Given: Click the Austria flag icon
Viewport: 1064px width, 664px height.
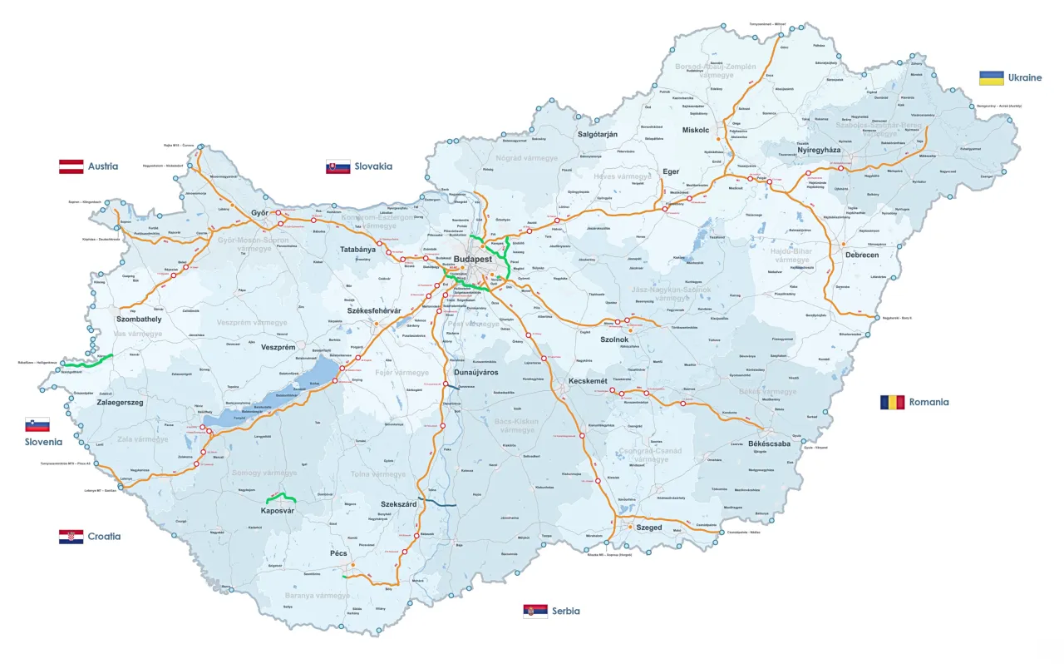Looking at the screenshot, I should click(x=71, y=166).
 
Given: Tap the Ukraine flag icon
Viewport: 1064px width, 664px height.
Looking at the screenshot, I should click(x=991, y=77).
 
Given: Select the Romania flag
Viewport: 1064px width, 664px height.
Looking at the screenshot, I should click(x=892, y=402).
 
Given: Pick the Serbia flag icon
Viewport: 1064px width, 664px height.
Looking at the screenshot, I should click(x=534, y=611).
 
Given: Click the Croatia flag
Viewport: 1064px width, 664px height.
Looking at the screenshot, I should click(x=71, y=537).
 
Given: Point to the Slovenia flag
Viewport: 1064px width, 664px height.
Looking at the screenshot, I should click(x=37, y=424).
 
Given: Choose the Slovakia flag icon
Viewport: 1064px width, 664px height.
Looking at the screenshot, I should click(x=337, y=166).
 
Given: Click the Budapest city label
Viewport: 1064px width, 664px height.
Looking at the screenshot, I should click(x=474, y=259).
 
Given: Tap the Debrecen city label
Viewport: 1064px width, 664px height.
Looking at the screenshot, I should click(x=861, y=255).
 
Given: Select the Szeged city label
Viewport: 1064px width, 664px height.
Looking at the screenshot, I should click(x=649, y=528).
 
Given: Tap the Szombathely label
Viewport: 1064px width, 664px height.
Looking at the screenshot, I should click(x=139, y=320).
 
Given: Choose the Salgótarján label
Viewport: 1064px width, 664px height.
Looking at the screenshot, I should click(x=597, y=134).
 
